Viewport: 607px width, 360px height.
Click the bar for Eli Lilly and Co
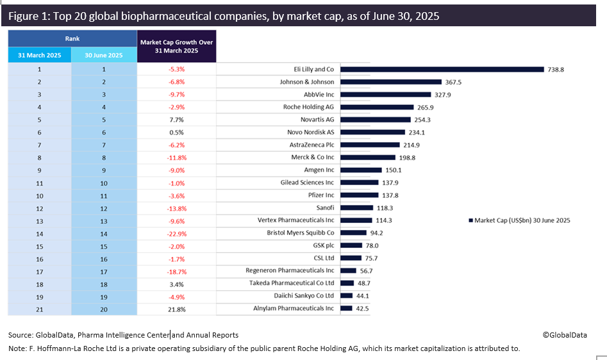442,69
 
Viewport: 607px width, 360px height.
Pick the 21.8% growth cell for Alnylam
177,309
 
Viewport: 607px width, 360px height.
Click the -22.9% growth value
177,233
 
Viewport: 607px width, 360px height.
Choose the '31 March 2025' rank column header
40,55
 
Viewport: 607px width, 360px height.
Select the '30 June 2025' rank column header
104,55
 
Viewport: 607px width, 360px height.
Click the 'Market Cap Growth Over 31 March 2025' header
177,46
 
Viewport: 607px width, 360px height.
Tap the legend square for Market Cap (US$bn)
471,220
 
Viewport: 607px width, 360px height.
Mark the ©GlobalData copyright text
565,334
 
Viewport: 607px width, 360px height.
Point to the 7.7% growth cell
177,120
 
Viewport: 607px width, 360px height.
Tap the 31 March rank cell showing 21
40,309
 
